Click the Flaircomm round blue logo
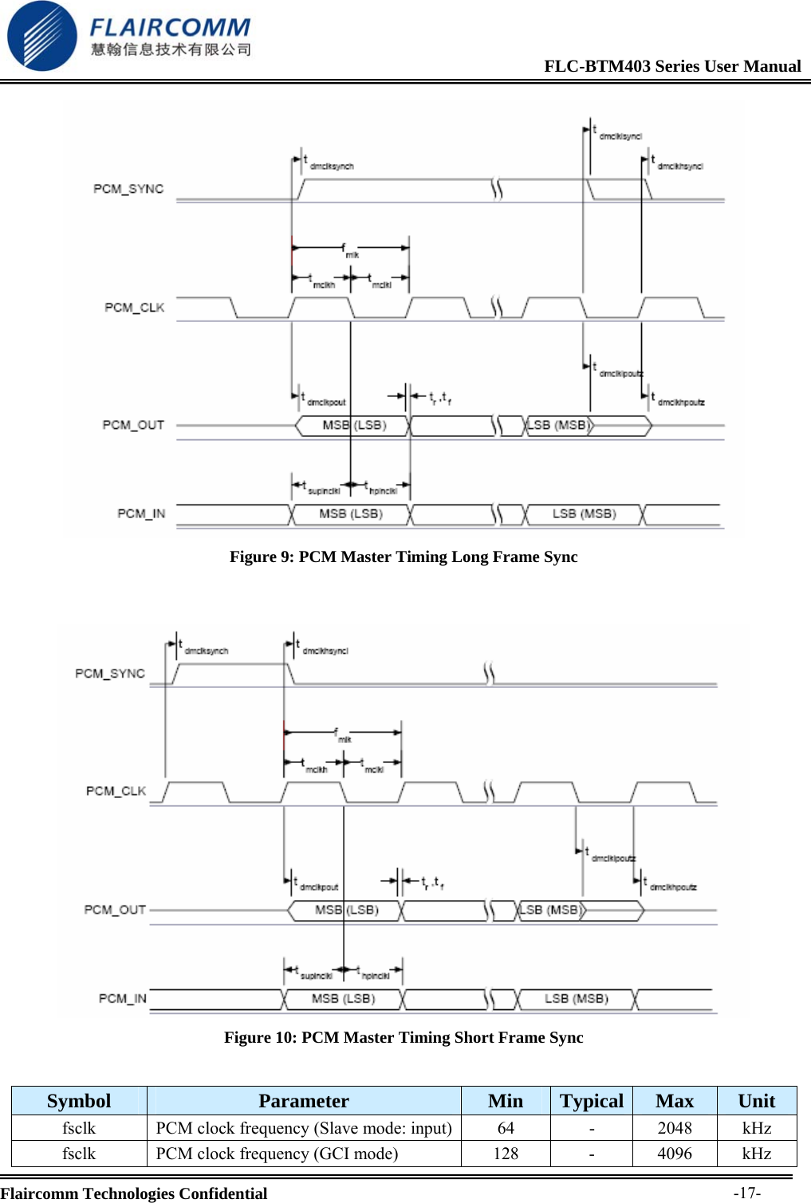tap(41, 36)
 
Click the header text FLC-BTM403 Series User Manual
tap(672, 66)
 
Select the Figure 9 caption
tap(404, 556)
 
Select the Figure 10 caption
tap(404, 1037)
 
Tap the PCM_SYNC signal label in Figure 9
tap(128, 189)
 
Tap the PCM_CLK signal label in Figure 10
tap(116, 791)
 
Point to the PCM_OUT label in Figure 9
tap(133, 425)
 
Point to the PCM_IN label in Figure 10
tap(123, 998)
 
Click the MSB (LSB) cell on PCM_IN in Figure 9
tap(351, 514)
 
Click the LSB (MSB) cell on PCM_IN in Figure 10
tap(576, 999)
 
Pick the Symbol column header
tap(79, 1101)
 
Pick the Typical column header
tap(592, 1101)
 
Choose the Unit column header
tap(756, 1101)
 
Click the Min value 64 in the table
tap(506, 1128)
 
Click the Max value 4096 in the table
tap(675, 1154)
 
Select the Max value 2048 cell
tap(675, 1128)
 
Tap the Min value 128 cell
tap(506, 1154)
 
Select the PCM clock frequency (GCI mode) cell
tap(277, 1154)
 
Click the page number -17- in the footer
tap(747, 1193)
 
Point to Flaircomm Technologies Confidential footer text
tap(134, 1193)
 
